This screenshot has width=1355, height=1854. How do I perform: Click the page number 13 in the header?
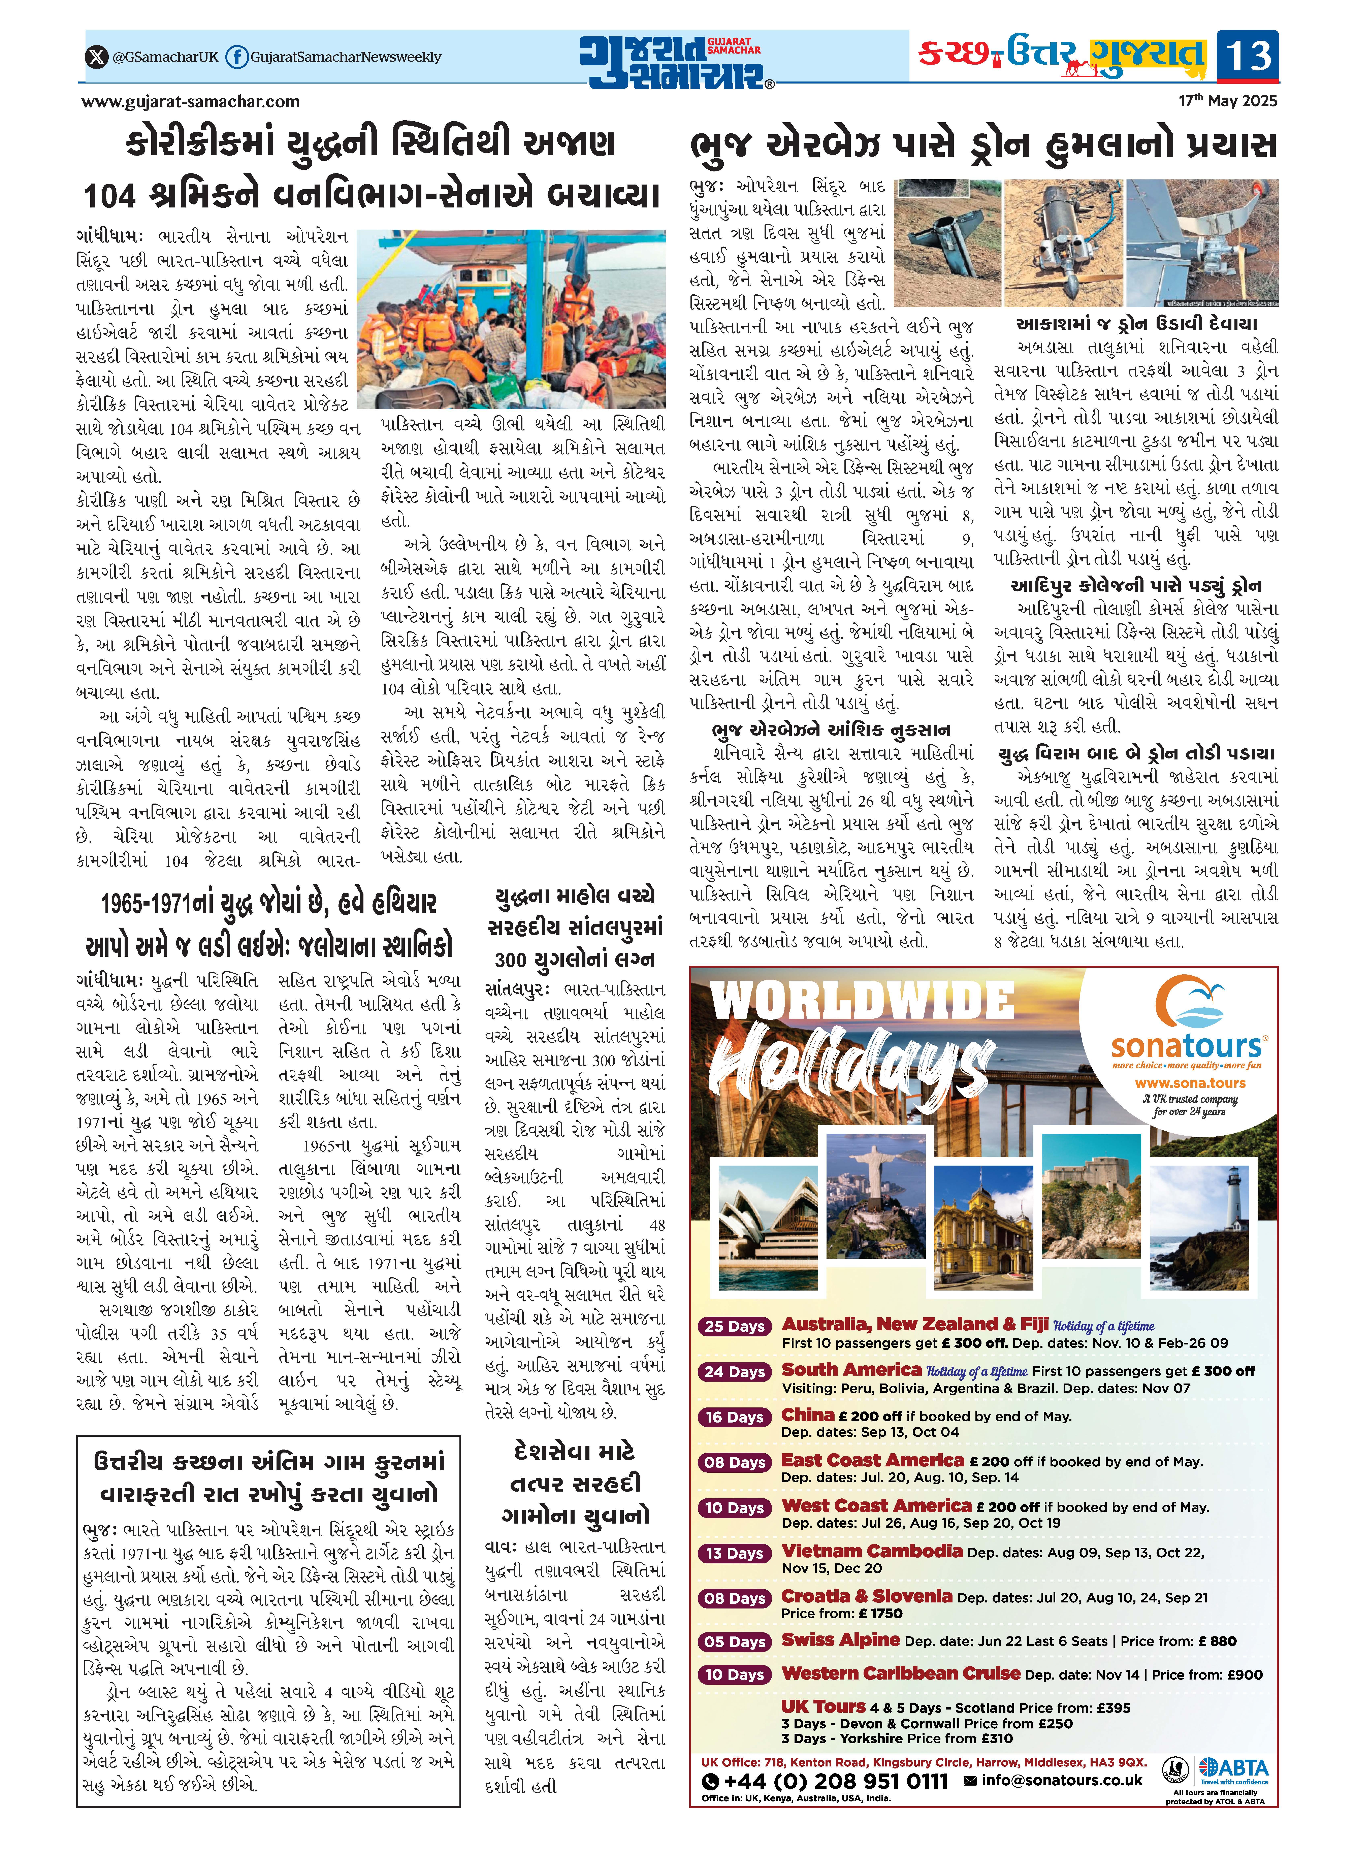click(1248, 56)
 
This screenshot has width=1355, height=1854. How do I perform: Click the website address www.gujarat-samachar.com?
click(190, 102)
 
